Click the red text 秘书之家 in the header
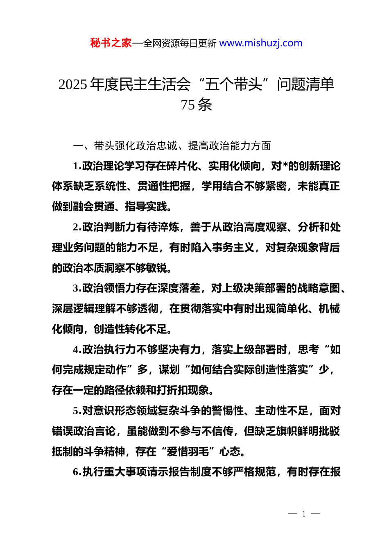[x=111, y=43]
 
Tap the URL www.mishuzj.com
[x=261, y=43]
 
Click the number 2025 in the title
[x=73, y=84]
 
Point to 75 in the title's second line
[x=188, y=105]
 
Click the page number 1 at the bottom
[x=304, y=514]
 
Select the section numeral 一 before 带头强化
[x=78, y=146]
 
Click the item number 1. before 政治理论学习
[x=77, y=166]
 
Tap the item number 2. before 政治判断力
[x=77, y=227]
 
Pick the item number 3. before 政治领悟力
[x=77, y=288]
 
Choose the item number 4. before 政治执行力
[x=77, y=350]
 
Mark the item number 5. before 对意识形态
[x=77, y=411]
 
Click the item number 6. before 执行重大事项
[x=77, y=472]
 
